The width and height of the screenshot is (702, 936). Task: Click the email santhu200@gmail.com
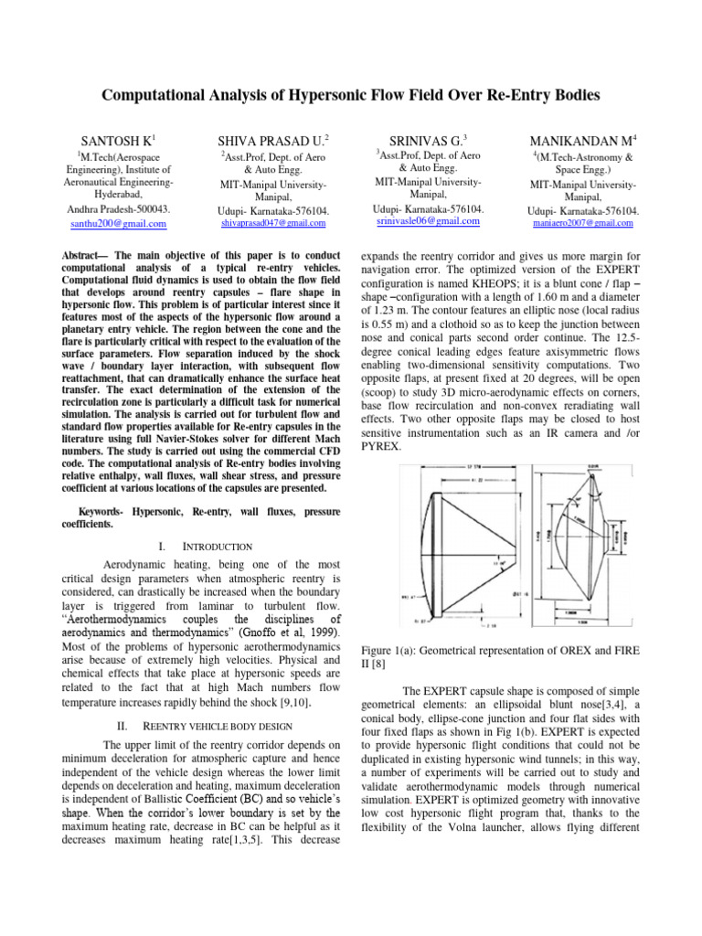click(112, 223)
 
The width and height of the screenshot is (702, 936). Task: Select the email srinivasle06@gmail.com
click(429, 222)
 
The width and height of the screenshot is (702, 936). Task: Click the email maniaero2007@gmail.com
click(582, 223)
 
